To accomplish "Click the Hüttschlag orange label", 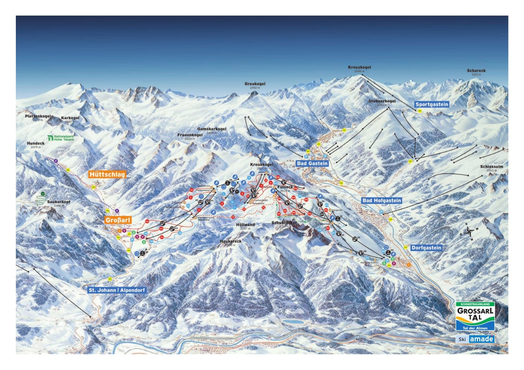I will click(107, 174).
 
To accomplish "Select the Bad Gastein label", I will click(312, 163).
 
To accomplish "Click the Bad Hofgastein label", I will click(382, 200).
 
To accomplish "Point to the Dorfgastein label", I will click(426, 248).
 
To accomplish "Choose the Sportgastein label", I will click(432, 104).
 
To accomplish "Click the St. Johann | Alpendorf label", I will click(117, 290).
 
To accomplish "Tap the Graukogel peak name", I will click(255, 84).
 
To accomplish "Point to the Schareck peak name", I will click(476, 71).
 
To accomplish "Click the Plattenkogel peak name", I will click(38, 116).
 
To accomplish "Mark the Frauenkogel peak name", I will click(190, 135).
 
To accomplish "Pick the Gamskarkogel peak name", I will click(211, 129).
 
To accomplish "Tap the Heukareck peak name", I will click(230, 241).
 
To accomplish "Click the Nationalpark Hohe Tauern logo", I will click(61, 138).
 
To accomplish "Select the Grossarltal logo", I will click(475, 316).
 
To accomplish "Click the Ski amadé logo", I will click(475, 339).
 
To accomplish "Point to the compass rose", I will click(469, 232).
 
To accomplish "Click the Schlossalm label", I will click(491, 167).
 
